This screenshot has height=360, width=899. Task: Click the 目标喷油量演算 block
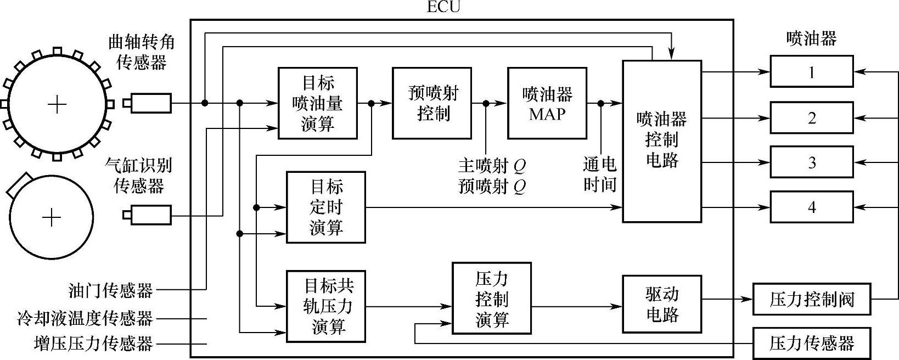318,103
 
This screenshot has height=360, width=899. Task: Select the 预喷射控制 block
432,103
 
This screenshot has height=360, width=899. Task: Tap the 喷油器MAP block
547,103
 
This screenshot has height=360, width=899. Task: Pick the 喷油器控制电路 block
662,141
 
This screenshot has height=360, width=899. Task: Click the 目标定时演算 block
326,207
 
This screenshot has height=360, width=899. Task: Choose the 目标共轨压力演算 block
326,306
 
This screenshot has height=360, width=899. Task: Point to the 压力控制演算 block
492,299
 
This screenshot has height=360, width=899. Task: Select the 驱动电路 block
662,304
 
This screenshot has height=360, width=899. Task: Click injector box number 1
812,71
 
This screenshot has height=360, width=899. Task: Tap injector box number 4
812,207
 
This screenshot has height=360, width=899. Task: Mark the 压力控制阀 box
812,299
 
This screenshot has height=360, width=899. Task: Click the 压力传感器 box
812,343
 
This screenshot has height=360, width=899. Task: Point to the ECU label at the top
443,7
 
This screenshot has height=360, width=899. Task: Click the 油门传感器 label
111,290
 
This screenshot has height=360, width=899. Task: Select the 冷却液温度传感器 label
85,318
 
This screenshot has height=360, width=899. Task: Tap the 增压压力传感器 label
93,344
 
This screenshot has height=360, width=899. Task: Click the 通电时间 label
599,174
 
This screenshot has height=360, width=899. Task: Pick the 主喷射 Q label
492,165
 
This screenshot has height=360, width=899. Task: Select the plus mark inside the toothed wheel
57,104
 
